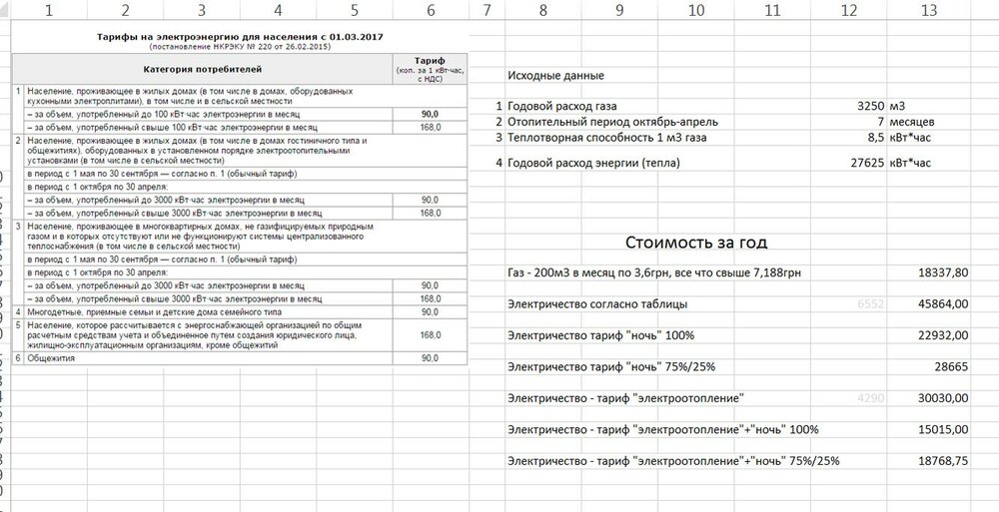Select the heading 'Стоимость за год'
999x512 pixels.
(696, 242)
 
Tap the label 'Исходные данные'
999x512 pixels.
(555, 76)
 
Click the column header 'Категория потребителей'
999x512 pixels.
(203, 70)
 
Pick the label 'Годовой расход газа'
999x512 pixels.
(561, 105)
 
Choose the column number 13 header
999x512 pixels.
(929, 11)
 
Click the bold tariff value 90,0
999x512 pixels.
(431, 115)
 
